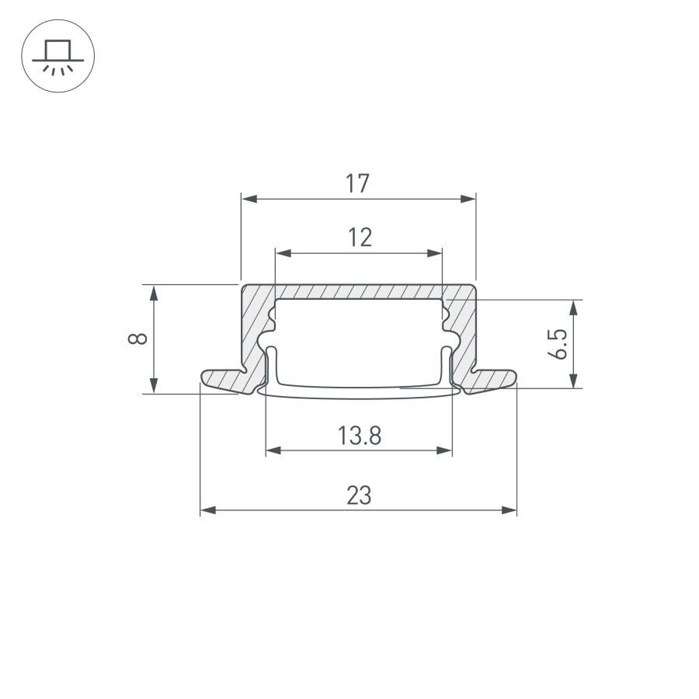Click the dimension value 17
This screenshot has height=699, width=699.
click(x=358, y=184)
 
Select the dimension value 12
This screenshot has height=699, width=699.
click(x=359, y=237)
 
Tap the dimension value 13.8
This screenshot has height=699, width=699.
click(x=359, y=436)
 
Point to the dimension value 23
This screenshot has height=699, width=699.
click(x=359, y=496)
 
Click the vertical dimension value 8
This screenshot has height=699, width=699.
click(x=137, y=339)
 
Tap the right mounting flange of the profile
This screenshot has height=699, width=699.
click(x=491, y=378)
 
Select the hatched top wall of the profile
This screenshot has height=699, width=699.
click(x=359, y=291)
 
